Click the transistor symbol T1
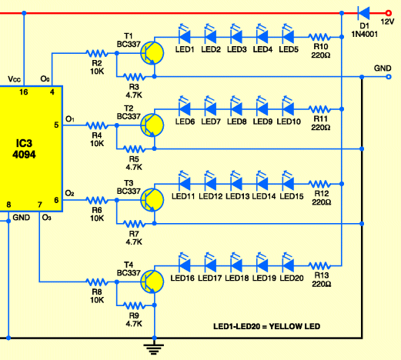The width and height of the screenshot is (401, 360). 152,53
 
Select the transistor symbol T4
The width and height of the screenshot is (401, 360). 152,282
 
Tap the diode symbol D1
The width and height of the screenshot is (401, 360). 364,13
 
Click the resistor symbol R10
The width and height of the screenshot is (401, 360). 319,37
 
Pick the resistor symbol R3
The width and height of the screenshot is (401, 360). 134,76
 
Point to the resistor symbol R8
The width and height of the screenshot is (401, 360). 97,282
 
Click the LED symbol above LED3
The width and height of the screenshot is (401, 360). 237,34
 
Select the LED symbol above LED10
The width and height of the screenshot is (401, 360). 289,106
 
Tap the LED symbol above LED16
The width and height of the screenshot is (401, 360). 185,262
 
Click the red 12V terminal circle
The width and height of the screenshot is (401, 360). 389,13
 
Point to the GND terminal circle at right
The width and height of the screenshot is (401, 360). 389,77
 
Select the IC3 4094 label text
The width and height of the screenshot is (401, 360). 24,149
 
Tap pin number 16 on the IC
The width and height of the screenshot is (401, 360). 24,92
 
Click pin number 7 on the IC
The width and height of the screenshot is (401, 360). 40,205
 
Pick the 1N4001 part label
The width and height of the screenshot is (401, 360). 364,34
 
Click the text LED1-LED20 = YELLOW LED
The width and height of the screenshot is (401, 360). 267,326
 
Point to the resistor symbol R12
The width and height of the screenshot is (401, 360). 319,184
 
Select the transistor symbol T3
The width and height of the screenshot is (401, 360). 152,200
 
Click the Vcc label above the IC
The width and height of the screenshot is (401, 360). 14,79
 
